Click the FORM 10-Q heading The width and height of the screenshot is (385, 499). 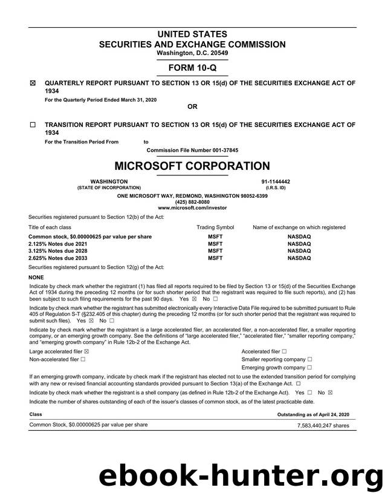point(192,68)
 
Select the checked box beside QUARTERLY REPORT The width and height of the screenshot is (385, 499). point(33,84)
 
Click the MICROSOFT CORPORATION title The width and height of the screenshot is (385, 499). point(192,166)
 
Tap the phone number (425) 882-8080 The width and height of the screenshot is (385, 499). point(192,202)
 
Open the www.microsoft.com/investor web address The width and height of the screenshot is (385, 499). point(192,207)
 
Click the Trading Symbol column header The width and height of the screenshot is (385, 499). point(215,227)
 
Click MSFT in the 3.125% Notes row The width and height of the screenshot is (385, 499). point(215,250)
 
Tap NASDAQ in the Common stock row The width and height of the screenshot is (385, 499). point(299,236)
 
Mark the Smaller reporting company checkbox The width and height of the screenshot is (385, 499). point(310,359)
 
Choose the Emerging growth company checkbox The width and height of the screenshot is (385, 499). point(310,367)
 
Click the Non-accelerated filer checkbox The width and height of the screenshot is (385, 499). point(83,359)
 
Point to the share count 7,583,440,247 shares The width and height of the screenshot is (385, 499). point(323,426)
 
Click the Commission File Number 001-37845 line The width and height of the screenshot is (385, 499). point(192,149)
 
